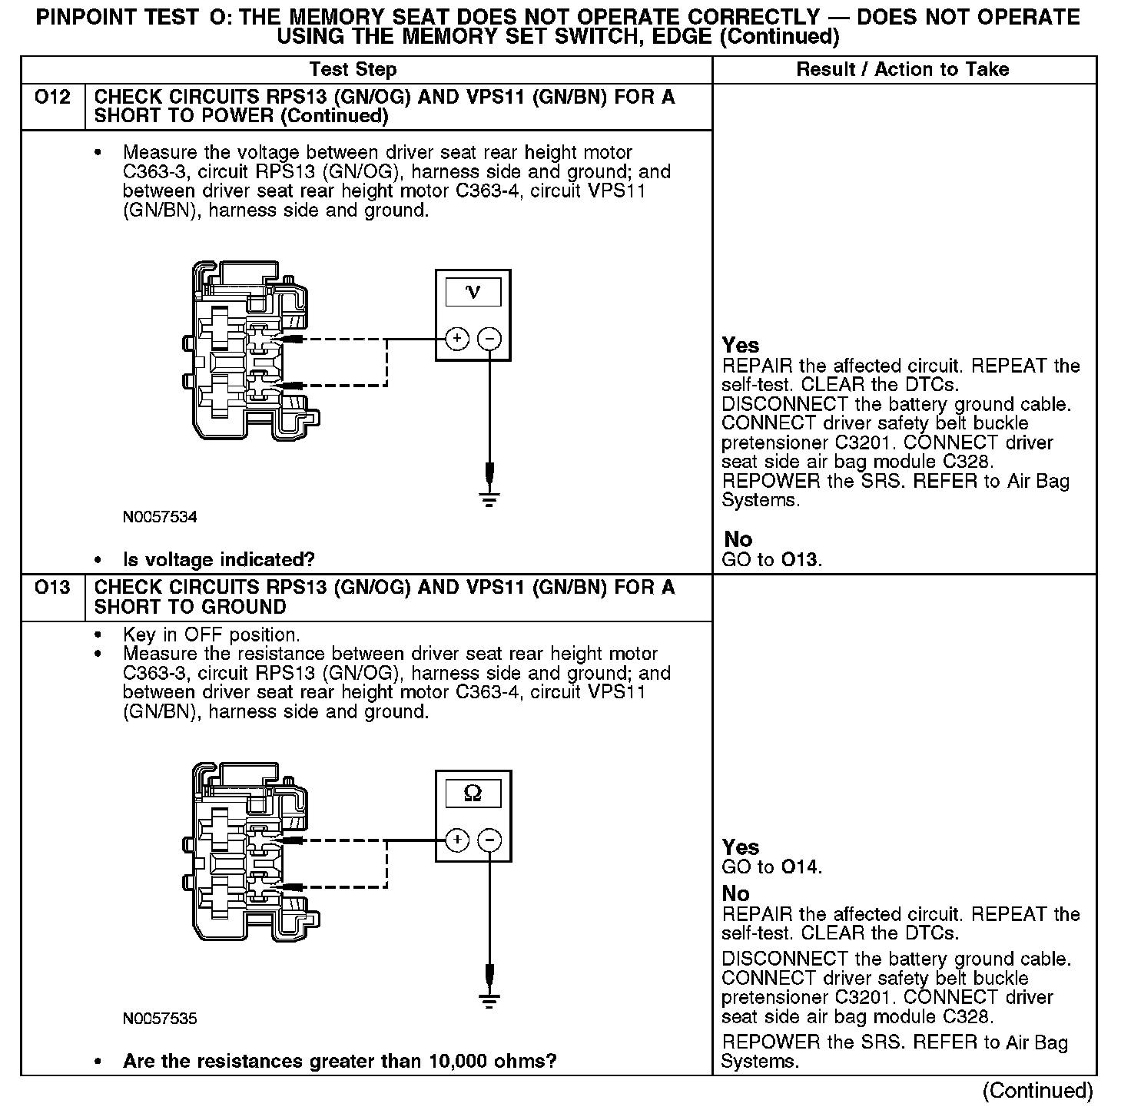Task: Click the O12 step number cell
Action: pos(52,98)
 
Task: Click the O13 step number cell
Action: pos(52,588)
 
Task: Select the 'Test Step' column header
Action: pos(353,70)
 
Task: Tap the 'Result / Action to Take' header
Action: pos(903,70)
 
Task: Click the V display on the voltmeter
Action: pos(473,293)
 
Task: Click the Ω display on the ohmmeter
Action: pos(473,794)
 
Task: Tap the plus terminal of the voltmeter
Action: pos(457,338)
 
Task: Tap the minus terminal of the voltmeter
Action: pos(490,338)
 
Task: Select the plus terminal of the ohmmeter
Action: pos(457,840)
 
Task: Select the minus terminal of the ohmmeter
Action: pos(490,840)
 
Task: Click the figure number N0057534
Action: pos(160,517)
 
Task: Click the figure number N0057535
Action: pos(160,1019)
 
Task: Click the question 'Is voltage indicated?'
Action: pos(218,559)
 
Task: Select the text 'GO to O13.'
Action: pos(771,559)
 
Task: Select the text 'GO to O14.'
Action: pos(771,867)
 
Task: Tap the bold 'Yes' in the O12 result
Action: pos(741,346)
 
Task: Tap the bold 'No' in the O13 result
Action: pos(735,893)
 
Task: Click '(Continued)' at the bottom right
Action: pos(1037,1091)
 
